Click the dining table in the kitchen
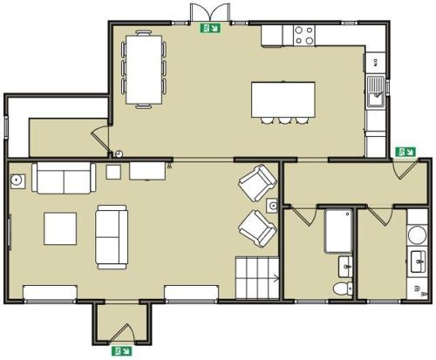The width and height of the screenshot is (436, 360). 142,68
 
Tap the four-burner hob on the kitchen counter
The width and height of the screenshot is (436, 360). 304,36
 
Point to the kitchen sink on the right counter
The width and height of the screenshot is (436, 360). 376,93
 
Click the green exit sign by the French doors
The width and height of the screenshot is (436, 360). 211,28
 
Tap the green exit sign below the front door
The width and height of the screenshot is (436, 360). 118,352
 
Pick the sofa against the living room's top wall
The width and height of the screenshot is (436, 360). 63,179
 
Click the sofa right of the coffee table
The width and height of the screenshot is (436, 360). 112,235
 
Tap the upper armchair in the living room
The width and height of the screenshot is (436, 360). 257,183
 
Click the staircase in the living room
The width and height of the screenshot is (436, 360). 256,278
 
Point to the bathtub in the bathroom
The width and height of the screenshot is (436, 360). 338,230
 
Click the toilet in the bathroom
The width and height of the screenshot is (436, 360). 343,287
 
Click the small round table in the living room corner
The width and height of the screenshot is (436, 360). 17,180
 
